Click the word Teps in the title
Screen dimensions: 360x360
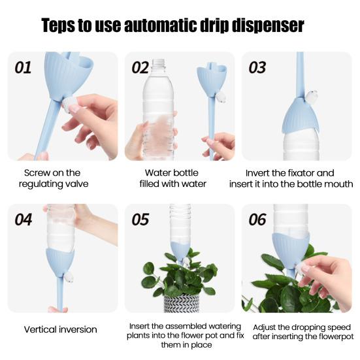point(58,25)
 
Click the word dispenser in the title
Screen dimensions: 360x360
point(268,25)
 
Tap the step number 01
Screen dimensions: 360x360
point(23,68)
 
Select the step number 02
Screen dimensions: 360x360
point(140,68)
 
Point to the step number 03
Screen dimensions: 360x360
point(257,68)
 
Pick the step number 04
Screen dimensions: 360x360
point(23,220)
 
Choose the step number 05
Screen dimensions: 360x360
point(140,220)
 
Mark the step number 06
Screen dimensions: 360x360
point(257,220)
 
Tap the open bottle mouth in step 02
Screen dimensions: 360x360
point(159,61)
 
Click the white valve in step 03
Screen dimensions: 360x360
point(312,97)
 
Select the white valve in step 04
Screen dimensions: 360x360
point(69,277)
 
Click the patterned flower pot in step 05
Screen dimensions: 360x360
point(182,303)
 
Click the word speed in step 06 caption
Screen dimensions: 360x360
point(338,328)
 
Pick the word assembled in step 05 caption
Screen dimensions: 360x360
point(186,326)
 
